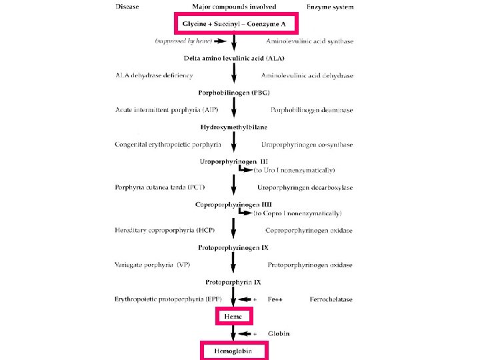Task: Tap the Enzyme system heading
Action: tap(330, 7)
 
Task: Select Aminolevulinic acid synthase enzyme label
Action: tap(309, 41)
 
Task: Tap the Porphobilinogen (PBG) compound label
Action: tap(233, 92)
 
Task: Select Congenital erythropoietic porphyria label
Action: tap(168, 144)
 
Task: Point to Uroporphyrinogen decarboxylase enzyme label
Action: tap(305, 187)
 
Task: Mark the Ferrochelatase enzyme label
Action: tap(331, 299)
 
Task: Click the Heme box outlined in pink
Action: tap(233, 316)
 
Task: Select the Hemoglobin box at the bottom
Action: tap(233, 351)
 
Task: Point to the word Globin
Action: tap(279, 333)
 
